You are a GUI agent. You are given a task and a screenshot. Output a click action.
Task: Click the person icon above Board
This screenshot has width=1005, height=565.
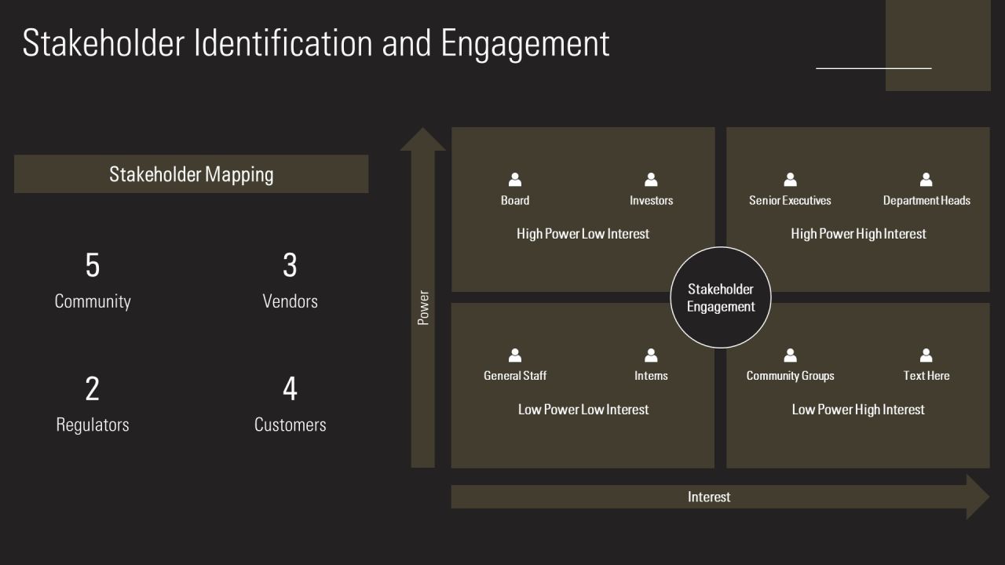pyautogui.click(x=515, y=180)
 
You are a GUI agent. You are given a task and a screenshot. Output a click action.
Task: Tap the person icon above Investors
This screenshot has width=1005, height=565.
pyautogui.click(x=651, y=180)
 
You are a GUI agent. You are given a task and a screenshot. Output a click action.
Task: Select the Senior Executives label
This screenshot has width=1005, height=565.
pyautogui.click(x=790, y=200)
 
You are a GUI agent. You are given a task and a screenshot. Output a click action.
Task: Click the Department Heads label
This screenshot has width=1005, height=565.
pyautogui.click(x=926, y=200)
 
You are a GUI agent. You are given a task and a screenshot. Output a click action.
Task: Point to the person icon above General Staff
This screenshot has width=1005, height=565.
pyautogui.click(x=515, y=355)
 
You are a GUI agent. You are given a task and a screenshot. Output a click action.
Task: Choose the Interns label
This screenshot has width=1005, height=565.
pyautogui.click(x=651, y=376)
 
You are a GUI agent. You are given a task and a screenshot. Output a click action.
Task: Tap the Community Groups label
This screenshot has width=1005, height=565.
pyautogui.click(x=790, y=376)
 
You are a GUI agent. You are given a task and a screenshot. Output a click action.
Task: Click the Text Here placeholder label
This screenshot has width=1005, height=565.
pyautogui.click(x=926, y=376)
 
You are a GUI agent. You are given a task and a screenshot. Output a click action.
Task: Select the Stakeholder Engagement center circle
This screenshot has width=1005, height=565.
pyautogui.click(x=721, y=297)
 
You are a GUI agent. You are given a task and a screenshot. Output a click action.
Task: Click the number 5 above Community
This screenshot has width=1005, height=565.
pyautogui.click(x=93, y=264)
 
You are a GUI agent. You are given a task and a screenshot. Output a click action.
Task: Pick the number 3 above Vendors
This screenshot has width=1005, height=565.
pyautogui.click(x=290, y=264)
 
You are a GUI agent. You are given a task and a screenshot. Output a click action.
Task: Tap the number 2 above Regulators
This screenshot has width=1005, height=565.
pyautogui.click(x=93, y=388)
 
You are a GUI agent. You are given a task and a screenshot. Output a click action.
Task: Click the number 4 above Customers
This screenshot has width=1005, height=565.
pyautogui.click(x=290, y=388)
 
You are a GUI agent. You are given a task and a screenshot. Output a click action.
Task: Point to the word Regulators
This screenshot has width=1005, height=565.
pyautogui.click(x=93, y=425)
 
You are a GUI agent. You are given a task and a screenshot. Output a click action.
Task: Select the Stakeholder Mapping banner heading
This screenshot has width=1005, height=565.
pyautogui.click(x=191, y=174)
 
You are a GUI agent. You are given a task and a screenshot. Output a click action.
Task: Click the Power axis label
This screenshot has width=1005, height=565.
pyautogui.click(x=423, y=308)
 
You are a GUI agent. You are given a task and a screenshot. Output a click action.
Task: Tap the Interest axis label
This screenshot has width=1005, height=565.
pyautogui.click(x=709, y=497)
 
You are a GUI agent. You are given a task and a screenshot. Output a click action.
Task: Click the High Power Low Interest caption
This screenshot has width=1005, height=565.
pyautogui.click(x=583, y=234)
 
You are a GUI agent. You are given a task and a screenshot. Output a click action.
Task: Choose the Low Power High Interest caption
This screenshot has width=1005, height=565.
pyautogui.click(x=858, y=410)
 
